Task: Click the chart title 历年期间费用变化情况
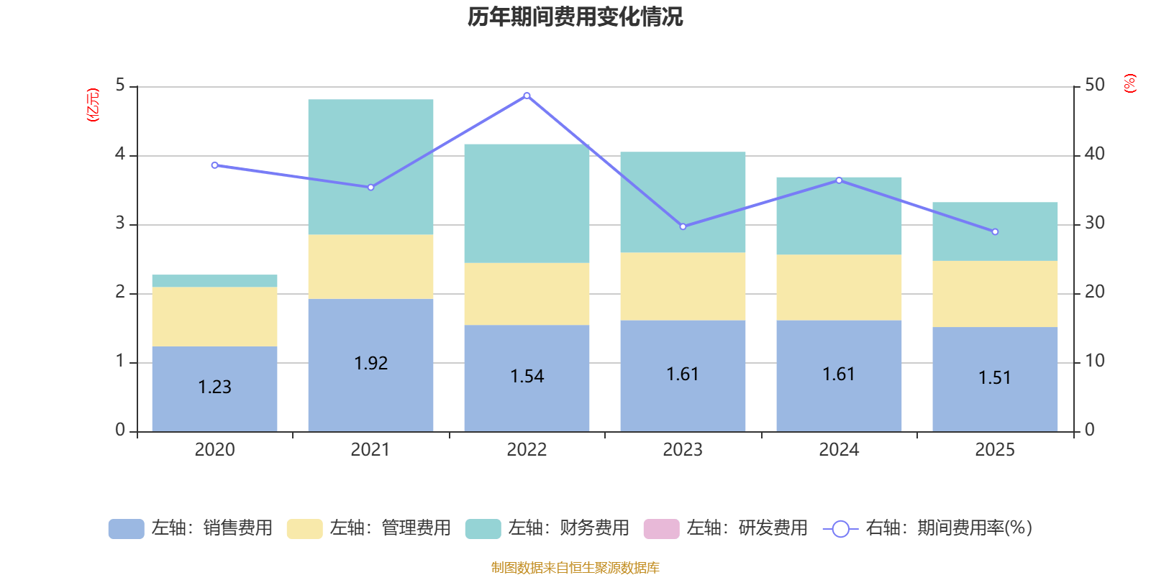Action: [x=575, y=17]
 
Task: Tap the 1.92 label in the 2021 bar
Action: [x=370, y=364]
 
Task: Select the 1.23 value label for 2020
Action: [x=214, y=387]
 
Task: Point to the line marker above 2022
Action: [x=527, y=96]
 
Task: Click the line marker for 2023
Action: [x=683, y=226]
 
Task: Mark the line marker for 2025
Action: [x=995, y=232]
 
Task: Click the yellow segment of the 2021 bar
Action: [x=370, y=267]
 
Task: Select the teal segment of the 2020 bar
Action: [x=214, y=281]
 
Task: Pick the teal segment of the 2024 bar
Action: [x=839, y=216]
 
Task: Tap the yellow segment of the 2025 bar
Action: [x=995, y=294]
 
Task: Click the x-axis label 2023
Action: [x=683, y=450]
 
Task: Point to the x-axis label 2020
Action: [x=214, y=450]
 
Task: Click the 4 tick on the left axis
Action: [x=120, y=155]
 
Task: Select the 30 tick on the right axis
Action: [x=1094, y=223]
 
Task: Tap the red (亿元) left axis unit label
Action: [x=92, y=105]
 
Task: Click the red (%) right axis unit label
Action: [x=1129, y=83]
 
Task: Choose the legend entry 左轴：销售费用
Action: [x=191, y=528]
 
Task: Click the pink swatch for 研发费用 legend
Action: [x=661, y=529]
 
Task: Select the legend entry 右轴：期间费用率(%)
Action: [x=928, y=528]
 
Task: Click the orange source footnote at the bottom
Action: [x=575, y=568]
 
